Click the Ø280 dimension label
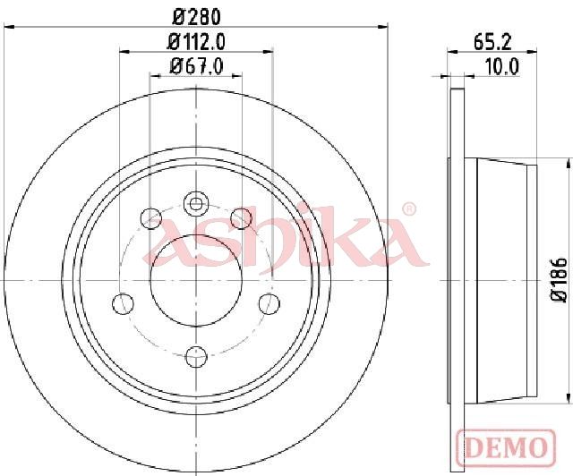point(197,17)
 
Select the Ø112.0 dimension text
point(196,42)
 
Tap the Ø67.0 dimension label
point(197,67)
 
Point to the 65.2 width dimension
point(492,42)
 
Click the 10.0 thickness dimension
point(502,67)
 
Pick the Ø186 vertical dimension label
point(559,279)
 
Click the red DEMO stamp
point(506,447)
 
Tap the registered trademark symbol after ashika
point(409,208)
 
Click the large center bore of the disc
point(197,280)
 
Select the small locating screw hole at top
point(196,203)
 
